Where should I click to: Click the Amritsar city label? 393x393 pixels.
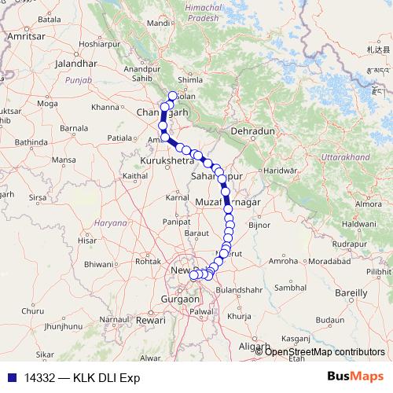24,36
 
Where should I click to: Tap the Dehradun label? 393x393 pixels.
252,131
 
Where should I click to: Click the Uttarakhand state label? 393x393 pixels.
345,158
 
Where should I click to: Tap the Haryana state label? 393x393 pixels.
111,223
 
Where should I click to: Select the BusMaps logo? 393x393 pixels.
354,376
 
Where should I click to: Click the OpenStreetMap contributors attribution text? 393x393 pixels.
325,351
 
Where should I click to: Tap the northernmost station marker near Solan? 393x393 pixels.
173,96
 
